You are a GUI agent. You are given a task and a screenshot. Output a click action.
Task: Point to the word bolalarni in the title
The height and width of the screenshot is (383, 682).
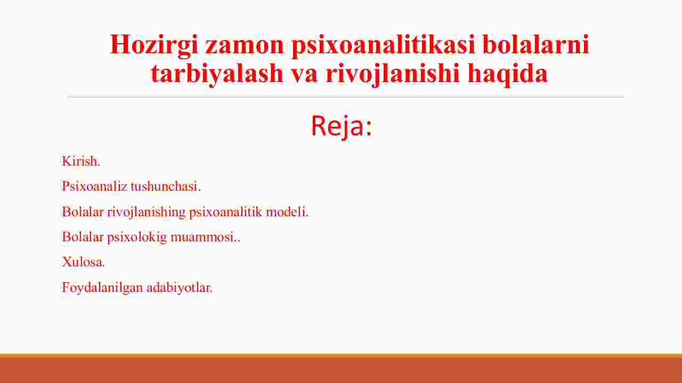coord(535,44)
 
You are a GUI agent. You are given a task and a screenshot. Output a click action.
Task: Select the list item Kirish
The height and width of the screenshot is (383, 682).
coord(81,161)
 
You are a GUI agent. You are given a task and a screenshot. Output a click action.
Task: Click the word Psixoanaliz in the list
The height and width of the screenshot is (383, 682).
coord(95,186)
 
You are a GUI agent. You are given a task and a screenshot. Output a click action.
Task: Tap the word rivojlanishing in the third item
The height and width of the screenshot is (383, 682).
coord(146,212)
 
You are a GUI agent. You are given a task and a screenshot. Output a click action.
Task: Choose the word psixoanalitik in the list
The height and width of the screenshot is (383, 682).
coord(225,212)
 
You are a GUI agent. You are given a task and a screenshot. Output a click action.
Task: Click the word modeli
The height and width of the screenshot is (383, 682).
coord(287,211)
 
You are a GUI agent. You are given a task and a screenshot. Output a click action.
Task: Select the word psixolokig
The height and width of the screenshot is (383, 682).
coord(137,237)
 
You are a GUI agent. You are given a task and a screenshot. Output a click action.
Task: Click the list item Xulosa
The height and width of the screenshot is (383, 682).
coord(84,262)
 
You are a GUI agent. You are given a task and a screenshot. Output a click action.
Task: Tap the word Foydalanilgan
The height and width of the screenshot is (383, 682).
coord(102,288)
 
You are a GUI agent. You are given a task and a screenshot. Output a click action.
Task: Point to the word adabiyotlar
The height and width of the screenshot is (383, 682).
coord(180,288)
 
